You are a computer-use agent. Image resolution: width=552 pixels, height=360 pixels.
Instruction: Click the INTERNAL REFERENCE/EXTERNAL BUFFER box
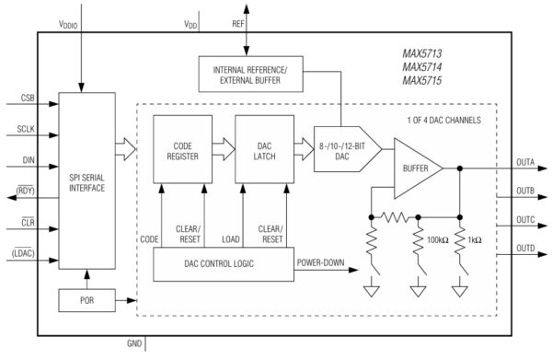pos(249,74)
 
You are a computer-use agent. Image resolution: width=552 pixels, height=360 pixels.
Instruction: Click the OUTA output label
pos(525,162)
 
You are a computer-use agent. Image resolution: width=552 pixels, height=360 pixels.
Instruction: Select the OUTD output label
pos(525,249)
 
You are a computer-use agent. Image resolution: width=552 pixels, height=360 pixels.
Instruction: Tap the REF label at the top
pos(238,23)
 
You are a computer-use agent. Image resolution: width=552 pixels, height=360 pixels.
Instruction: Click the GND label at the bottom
pos(134,344)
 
